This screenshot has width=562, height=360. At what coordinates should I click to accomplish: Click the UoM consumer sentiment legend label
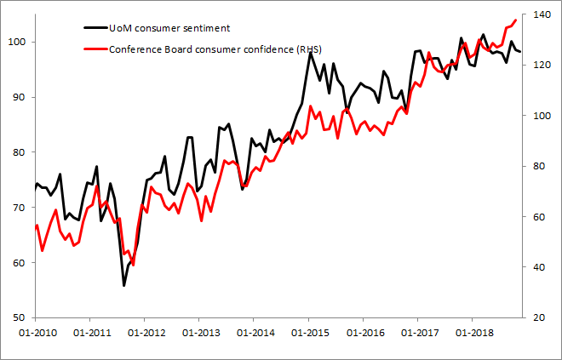pos(169,28)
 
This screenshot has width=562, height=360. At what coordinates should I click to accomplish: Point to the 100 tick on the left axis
pos(22,42)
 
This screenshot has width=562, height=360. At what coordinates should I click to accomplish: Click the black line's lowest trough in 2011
pos(123,286)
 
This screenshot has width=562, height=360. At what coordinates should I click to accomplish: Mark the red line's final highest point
pos(517,20)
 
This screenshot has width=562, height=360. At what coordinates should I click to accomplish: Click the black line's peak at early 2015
pos(309,53)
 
